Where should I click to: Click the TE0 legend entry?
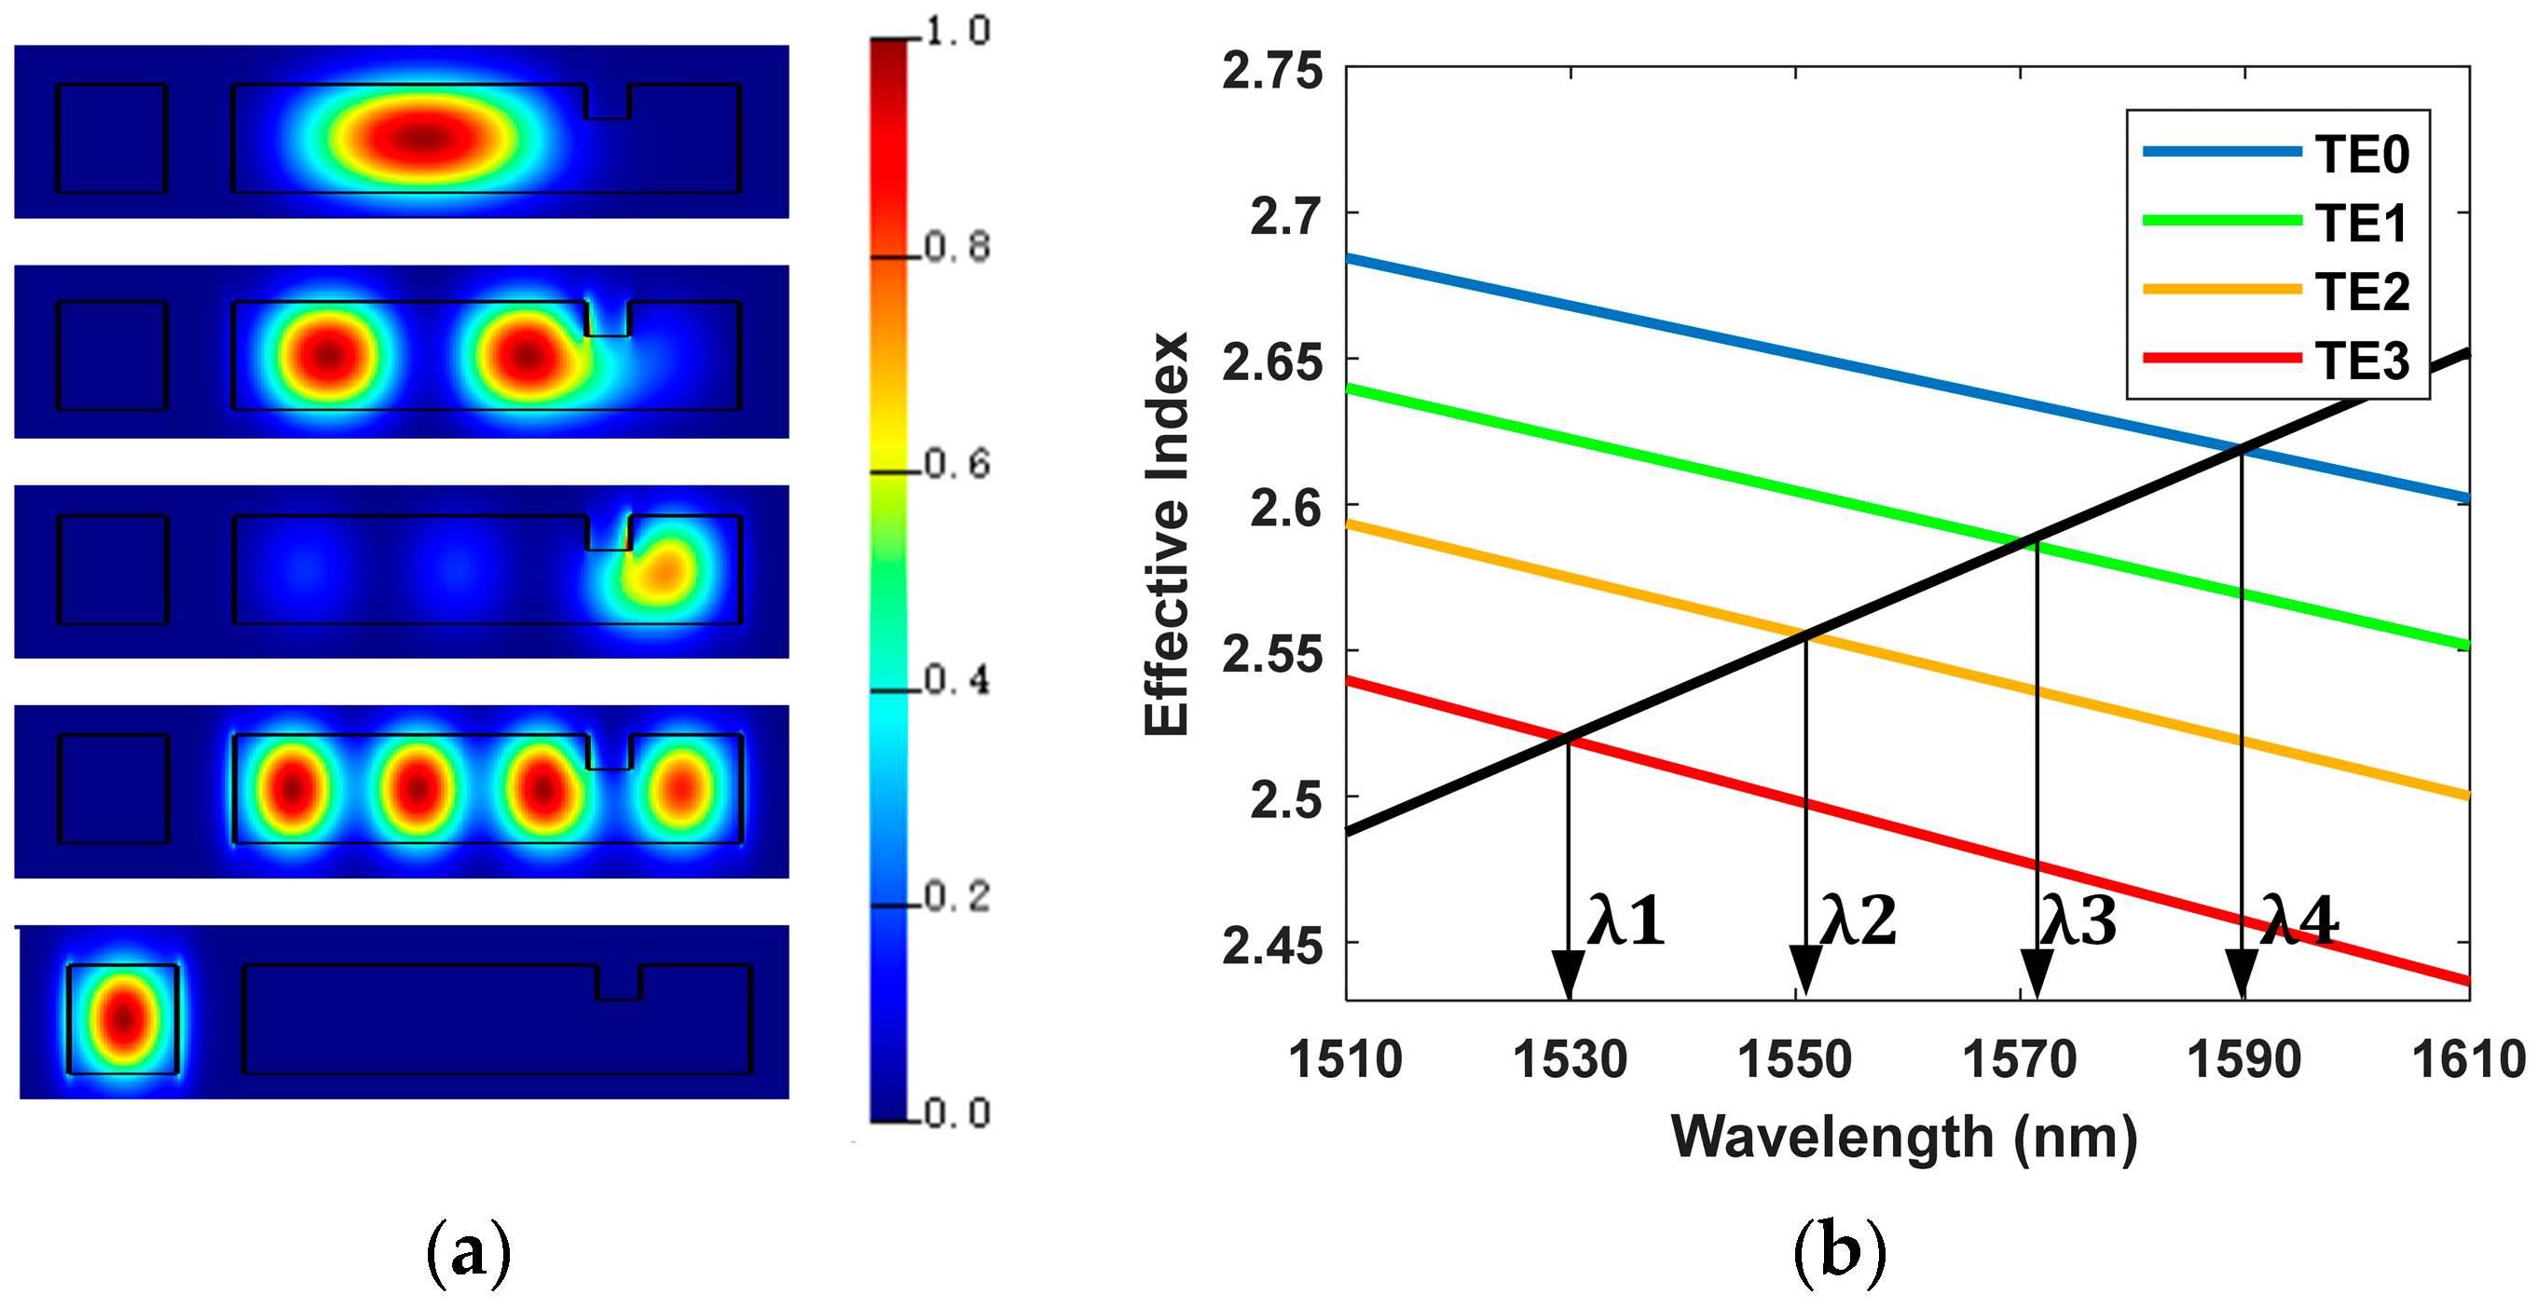pyautogui.click(x=2361, y=155)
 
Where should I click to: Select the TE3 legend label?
pyautogui.click(x=2361, y=361)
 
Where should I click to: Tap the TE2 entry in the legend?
pyautogui.click(x=2361, y=292)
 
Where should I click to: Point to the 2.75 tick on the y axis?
pyautogui.click(x=1272, y=72)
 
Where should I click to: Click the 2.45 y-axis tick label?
pyautogui.click(x=1272, y=947)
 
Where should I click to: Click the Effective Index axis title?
pyautogui.click(x=1167, y=534)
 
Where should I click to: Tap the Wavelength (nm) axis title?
pyautogui.click(x=1903, y=1138)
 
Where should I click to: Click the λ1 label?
pyautogui.click(x=1625, y=922)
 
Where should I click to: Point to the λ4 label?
pyautogui.click(x=2298, y=922)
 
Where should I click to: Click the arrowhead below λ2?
pyautogui.click(x=1805, y=971)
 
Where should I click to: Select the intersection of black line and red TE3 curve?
pyautogui.click(x=1568, y=738)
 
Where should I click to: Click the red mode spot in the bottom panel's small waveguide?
pyautogui.click(x=124, y=1019)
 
